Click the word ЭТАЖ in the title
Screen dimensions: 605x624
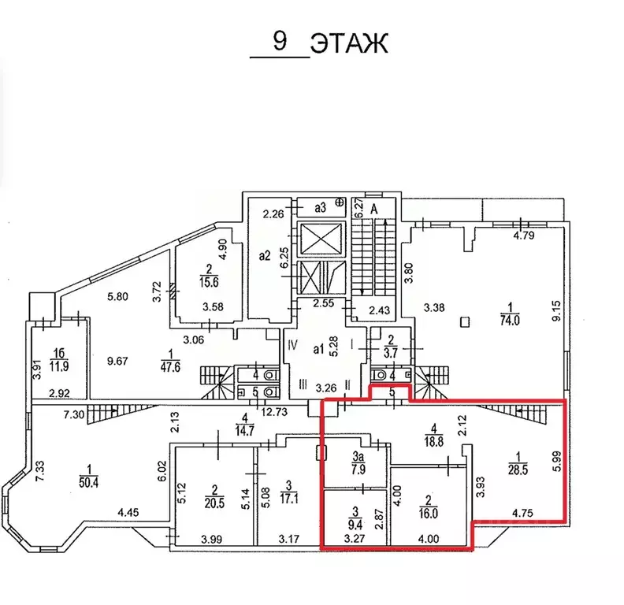pos(348,43)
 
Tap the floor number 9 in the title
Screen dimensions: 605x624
pos(280,41)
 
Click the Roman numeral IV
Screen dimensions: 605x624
pos(292,344)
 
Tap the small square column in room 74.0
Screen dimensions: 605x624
pos(465,321)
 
